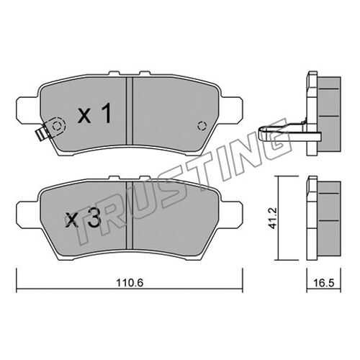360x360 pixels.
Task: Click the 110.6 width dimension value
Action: coord(130,283)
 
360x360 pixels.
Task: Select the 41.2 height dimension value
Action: coord(273,218)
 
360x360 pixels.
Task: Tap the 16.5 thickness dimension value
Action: coord(324,283)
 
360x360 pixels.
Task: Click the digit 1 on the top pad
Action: coord(106,113)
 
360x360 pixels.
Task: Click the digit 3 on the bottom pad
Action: coord(94,220)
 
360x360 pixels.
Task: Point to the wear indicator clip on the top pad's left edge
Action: coord(41,134)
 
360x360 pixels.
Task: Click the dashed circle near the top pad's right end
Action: coord(202,125)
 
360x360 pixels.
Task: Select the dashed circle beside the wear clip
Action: coord(57,125)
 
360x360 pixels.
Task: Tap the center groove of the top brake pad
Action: coord(130,111)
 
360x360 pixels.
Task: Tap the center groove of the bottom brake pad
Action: coord(130,215)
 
